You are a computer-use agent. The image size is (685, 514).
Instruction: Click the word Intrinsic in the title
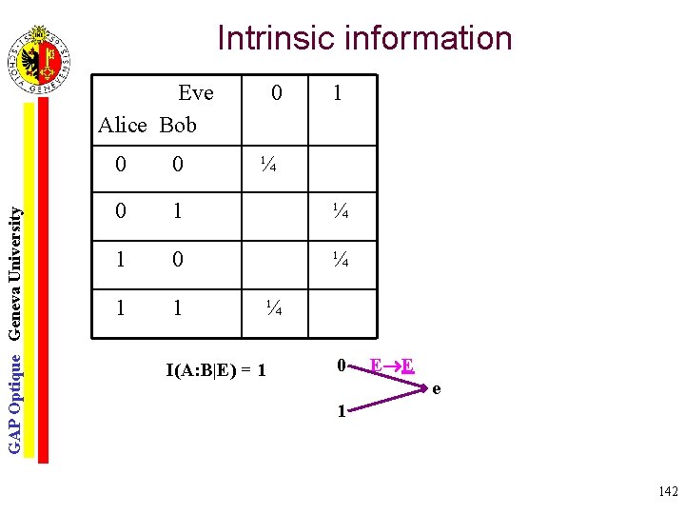point(277,38)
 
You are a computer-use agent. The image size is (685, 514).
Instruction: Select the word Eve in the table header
point(196,93)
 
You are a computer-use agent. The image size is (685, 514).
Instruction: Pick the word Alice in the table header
point(123,125)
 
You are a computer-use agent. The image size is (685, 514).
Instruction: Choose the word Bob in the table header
point(178,125)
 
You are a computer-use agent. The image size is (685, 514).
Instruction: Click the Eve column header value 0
point(276,93)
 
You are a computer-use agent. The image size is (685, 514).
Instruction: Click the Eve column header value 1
point(337,93)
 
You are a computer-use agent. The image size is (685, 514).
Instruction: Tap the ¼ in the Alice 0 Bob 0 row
point(268,166)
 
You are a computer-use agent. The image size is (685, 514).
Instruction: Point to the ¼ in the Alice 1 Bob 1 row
point(273,307)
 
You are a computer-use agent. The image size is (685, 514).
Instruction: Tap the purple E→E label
point(391,366)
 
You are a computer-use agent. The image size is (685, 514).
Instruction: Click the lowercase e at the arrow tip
point(437,388)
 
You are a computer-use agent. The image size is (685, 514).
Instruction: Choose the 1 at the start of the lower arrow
point(341,412)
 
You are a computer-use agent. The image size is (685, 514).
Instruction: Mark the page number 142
point(667,491)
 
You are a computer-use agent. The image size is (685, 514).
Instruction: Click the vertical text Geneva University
point(15,258)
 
